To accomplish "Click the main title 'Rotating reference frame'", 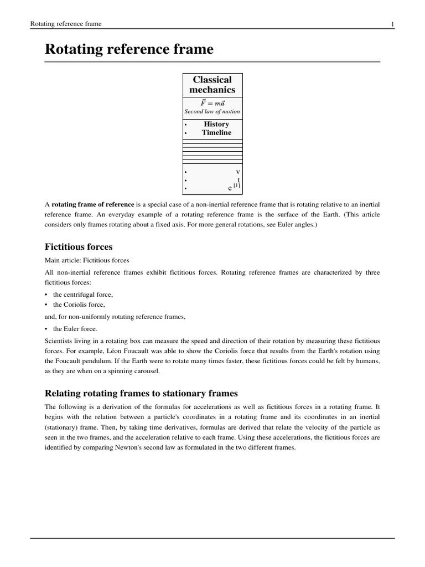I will point(128,49).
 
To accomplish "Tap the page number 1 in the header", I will point(392,24).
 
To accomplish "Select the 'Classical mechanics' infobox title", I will point(212,85).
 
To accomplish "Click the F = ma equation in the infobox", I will point(212,103).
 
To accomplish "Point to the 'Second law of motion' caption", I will point(212,112).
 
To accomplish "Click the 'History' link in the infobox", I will point(216,124).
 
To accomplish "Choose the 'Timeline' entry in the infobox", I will point(216,133).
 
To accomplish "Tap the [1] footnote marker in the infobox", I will point(236,186).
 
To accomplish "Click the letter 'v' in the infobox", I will point(238,172).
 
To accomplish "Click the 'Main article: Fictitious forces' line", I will point(88,260).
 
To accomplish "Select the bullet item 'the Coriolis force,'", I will point(79,305).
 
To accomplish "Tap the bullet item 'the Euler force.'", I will point(75,328).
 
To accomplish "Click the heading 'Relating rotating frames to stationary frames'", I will point(141,393).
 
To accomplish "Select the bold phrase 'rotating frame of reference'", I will point(92,205).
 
